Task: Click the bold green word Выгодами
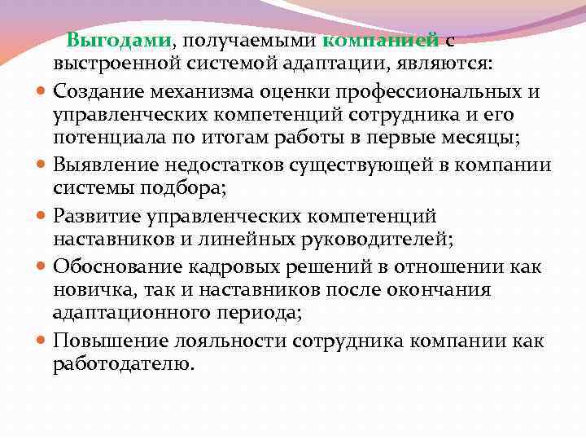point(118,41)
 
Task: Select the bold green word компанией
point(380,41)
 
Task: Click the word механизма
point(202,92)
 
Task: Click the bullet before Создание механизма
point(42,92)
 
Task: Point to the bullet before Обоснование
point(42,267)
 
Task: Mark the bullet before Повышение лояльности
point(42,341)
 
